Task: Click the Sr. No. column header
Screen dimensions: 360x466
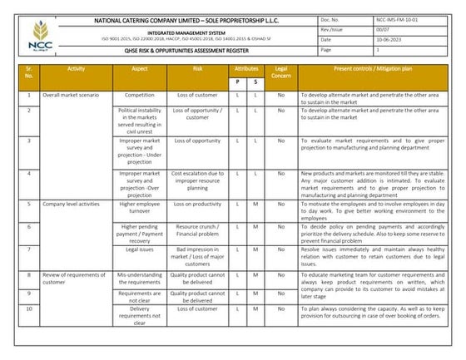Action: (29, 72)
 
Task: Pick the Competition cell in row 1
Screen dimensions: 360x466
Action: (139, 96)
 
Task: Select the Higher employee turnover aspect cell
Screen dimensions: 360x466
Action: (139, 208)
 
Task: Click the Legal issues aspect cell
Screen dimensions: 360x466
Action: (139, 249)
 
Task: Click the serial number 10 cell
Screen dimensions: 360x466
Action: (29, 308)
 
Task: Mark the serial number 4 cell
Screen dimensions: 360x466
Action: (29, 173)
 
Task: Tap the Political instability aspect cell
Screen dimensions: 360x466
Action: (139, 120)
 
